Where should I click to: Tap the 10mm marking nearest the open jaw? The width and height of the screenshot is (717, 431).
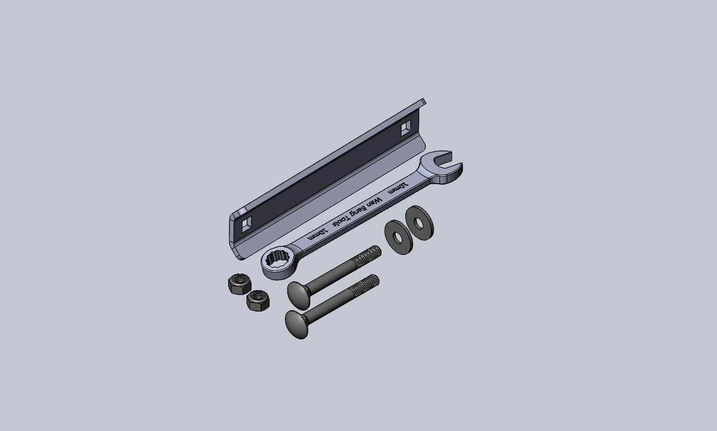click(x=399, y=189)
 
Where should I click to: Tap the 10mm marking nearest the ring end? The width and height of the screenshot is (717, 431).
click(x=318, y=234)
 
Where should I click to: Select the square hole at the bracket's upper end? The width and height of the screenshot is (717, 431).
click(x=406, y=128)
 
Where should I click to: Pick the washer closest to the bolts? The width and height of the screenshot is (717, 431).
click(x=399, y=237)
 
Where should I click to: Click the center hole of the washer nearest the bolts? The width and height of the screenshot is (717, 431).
click(x=398, y=237)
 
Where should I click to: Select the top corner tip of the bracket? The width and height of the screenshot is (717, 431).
click(x=424, y=101)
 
